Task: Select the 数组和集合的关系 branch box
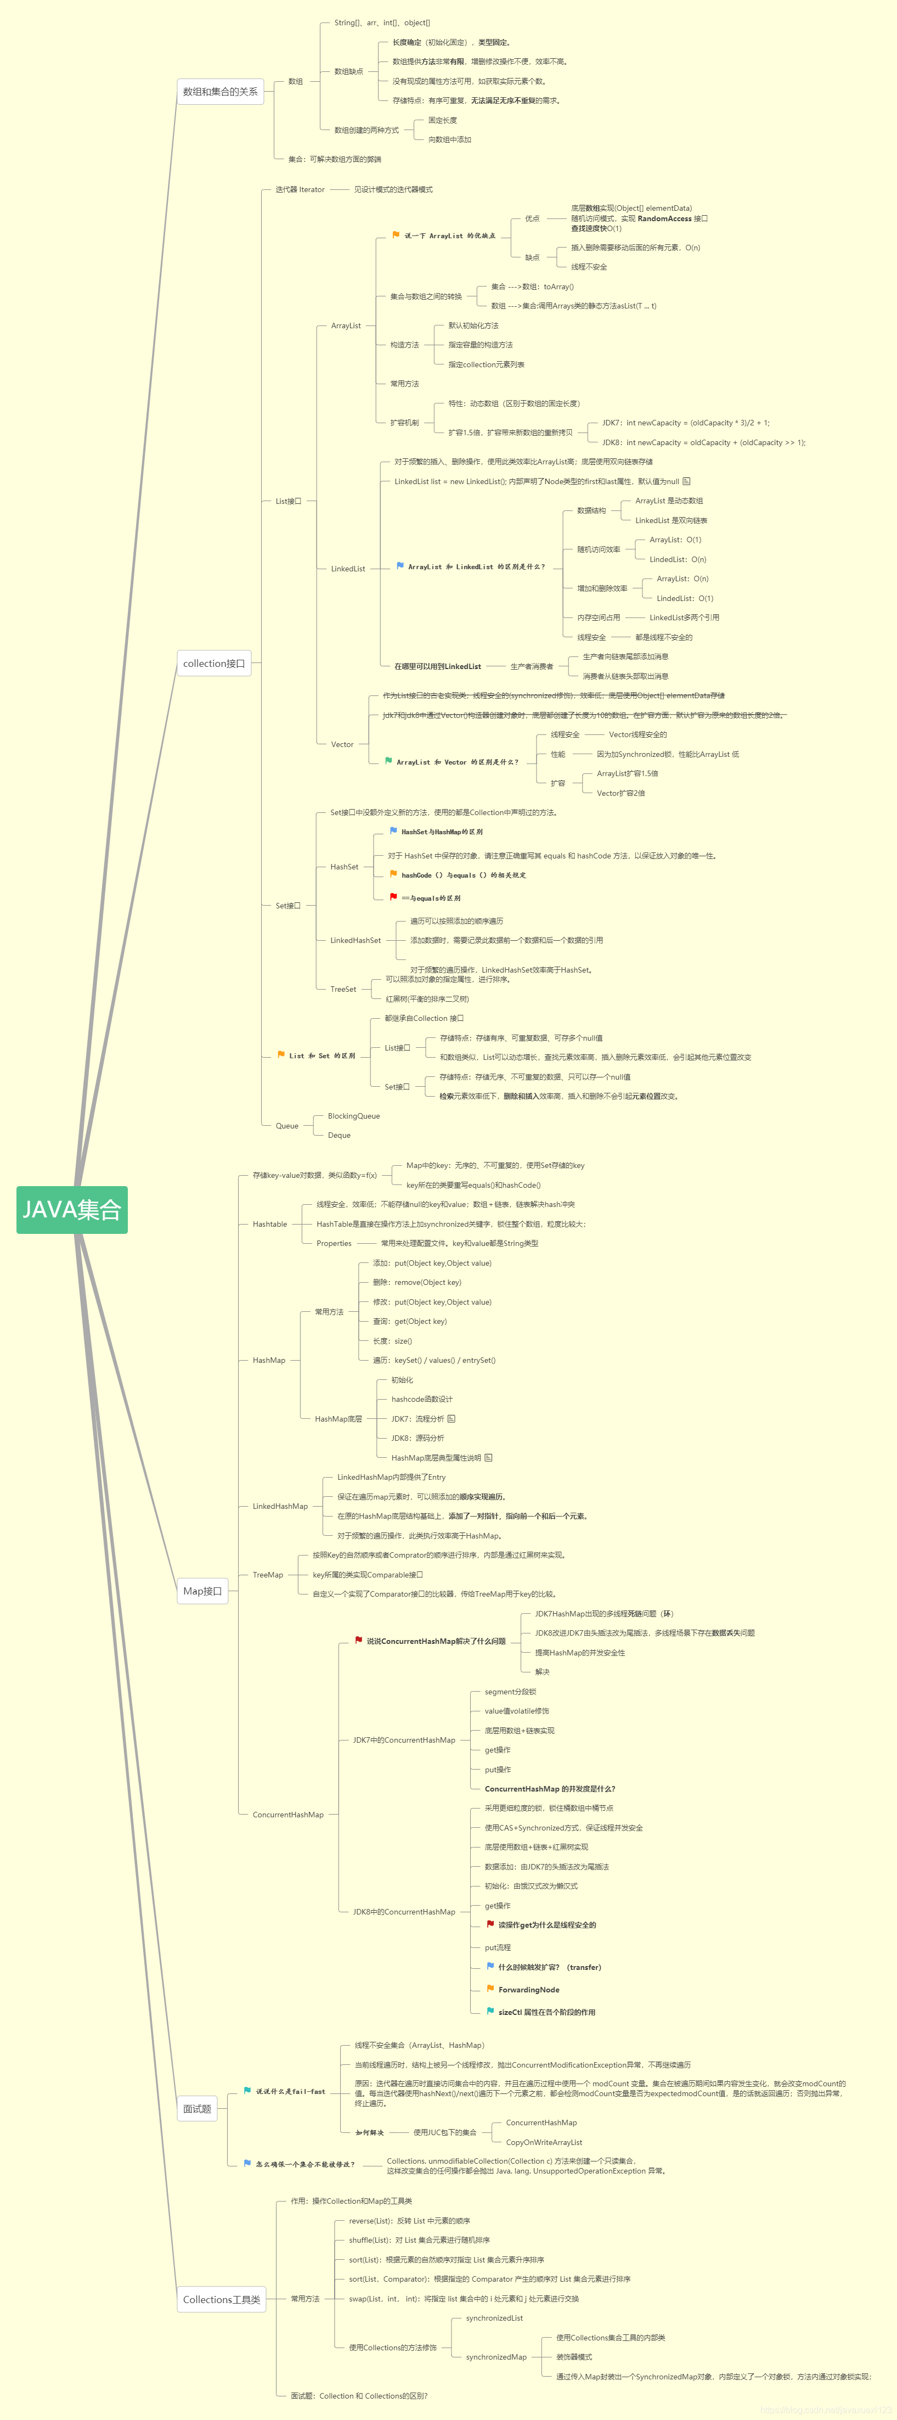(x=220, y=92)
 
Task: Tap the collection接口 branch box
(x=214, y=663)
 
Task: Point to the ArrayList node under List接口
(x=346, y=326)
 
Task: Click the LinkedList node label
(x=347, y=568)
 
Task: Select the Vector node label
(x=342, y=744)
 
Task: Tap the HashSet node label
(x=344, y=867)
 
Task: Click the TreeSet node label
(x=343, y=989)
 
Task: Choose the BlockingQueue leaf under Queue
(x=353, y=1116)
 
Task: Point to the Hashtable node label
(x=269, y=1224)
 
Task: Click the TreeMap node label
(x=268, y=1575)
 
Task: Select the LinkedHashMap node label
(x=280, y=1506)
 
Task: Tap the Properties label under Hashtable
(x=334, y=1243)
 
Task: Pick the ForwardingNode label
(x=529, y=1990)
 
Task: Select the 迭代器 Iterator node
(x=300, y=190)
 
